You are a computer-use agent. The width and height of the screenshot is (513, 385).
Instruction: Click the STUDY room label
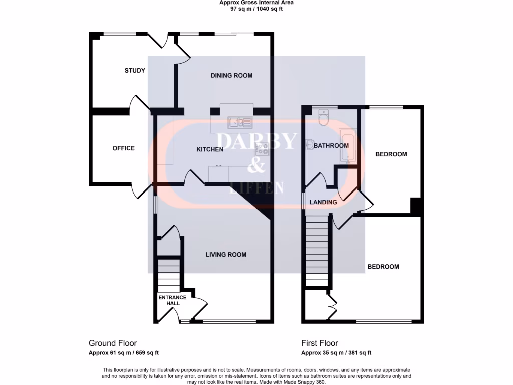pyautogui.click(x=135, y=70)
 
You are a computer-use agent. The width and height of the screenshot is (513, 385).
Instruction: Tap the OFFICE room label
pyautogui.click(x=123, y=148)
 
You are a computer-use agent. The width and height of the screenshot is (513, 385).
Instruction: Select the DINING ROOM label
pyautogui.click(x=231, y=76)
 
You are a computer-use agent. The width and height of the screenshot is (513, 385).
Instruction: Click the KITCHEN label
pyautogui.click(x=209, y=150)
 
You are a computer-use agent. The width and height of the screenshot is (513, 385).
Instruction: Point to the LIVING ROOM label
pyautogui.click(x=226, y=255)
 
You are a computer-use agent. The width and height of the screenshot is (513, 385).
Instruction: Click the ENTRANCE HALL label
pyautogui.click(x=172, y=300)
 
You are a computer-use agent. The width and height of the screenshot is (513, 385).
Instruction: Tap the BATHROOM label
pyautogui.click(x=331, y=146)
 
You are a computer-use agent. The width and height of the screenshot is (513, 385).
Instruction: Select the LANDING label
pyautogui.click(x=323, y=202)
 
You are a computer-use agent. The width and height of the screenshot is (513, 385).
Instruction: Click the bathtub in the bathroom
pyautogui.click(x=347, y=145)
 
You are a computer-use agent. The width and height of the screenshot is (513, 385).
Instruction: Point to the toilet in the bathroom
pyautogui.click(x=323, y=118)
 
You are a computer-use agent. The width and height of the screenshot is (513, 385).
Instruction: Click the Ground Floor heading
pyautogui.click(x=113, y=343)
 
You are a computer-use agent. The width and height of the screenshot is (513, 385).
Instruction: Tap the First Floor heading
pyautogui.click(x=320, y=343)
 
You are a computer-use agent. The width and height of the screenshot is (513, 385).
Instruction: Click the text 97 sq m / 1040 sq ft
pyautogui.click(x=256, y=9)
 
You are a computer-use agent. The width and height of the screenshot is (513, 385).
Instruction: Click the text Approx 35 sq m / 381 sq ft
pyautogui.click(x=336, y=353)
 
